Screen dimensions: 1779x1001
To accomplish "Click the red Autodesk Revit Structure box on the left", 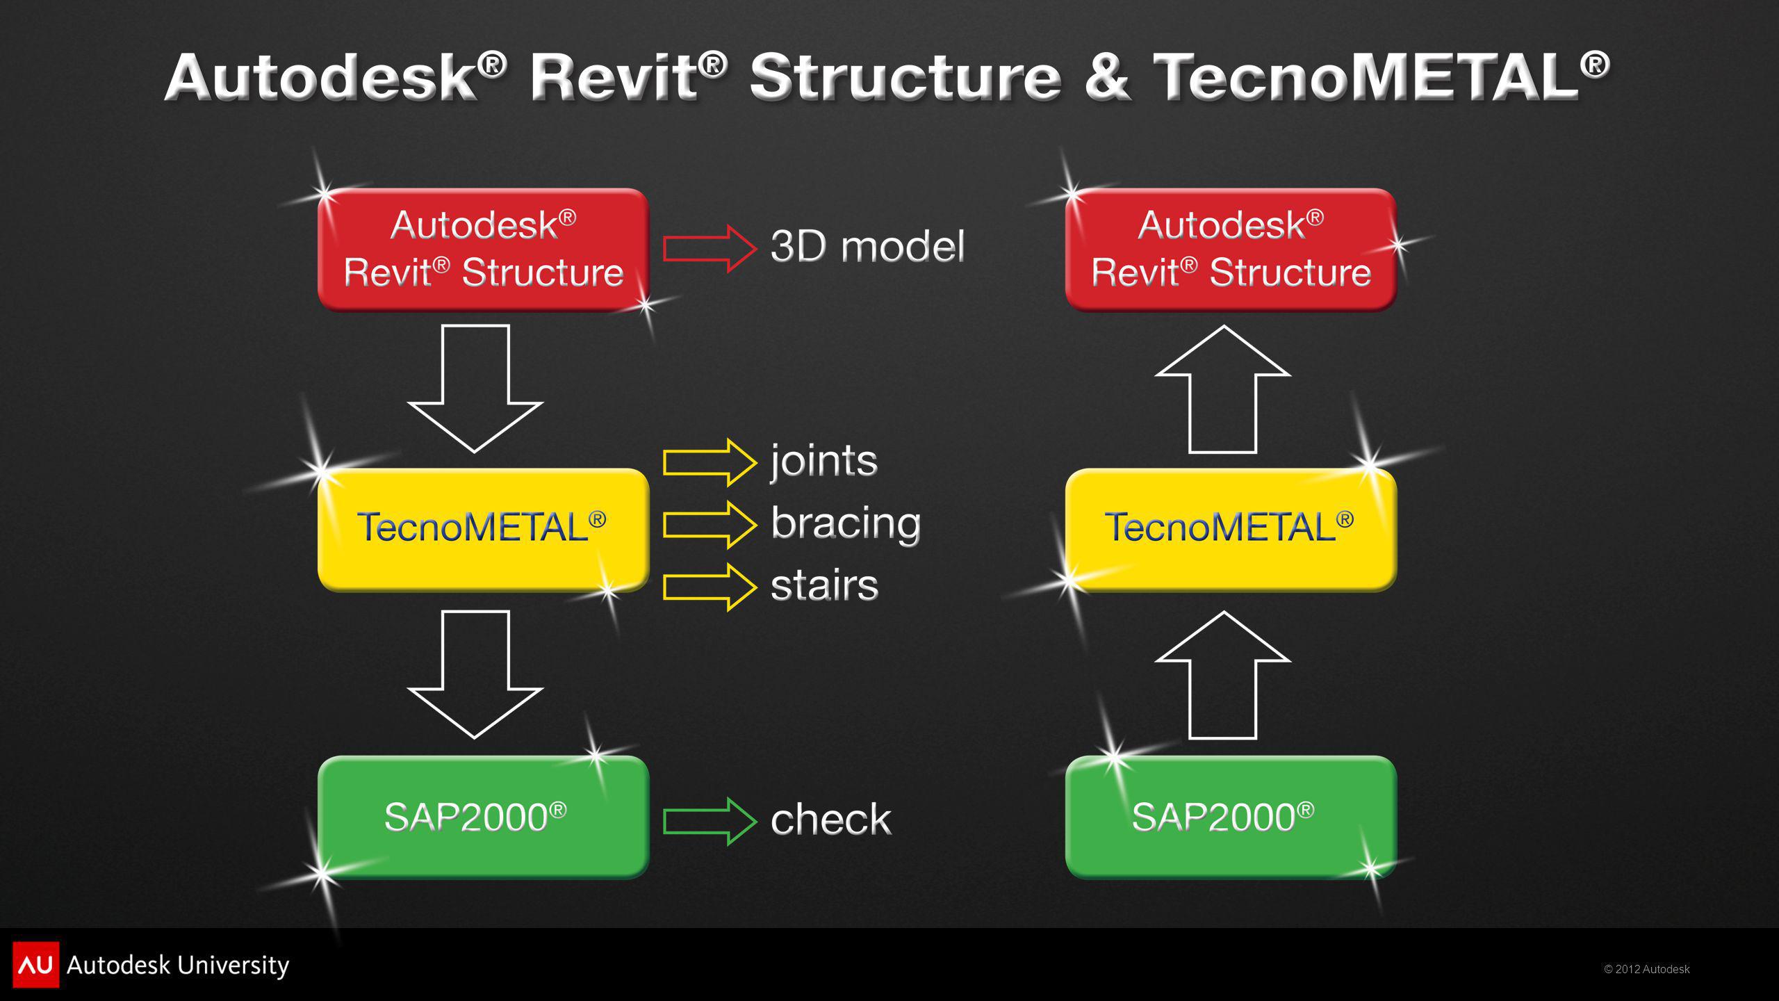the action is tap(483, 250).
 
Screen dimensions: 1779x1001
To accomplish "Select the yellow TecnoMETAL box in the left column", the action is tap(483, 530).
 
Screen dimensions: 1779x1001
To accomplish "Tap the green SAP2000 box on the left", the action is tap(483, 817).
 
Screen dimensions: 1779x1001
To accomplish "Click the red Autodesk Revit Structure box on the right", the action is tap(1231, 250).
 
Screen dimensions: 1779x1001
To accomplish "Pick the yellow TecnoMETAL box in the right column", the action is tap(1231, 530).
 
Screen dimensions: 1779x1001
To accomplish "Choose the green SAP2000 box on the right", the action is tap(1231, 817).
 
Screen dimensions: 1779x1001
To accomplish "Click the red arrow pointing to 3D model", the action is tap(710, 248).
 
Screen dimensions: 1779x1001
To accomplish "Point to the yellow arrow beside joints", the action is tap(710, 462).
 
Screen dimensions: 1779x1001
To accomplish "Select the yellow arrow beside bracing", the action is tap(710, 524).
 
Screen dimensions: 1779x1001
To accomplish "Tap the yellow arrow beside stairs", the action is tap(710, 587).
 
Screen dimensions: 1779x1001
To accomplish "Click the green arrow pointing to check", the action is tap(710, 821).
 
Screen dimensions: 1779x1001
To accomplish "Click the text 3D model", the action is tap(868, 247).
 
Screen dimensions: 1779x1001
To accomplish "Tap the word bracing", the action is tap(846, 523).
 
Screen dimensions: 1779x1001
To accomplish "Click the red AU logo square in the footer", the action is tap(36, 965).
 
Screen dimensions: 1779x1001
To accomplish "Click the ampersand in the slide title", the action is tap(1108, 78).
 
